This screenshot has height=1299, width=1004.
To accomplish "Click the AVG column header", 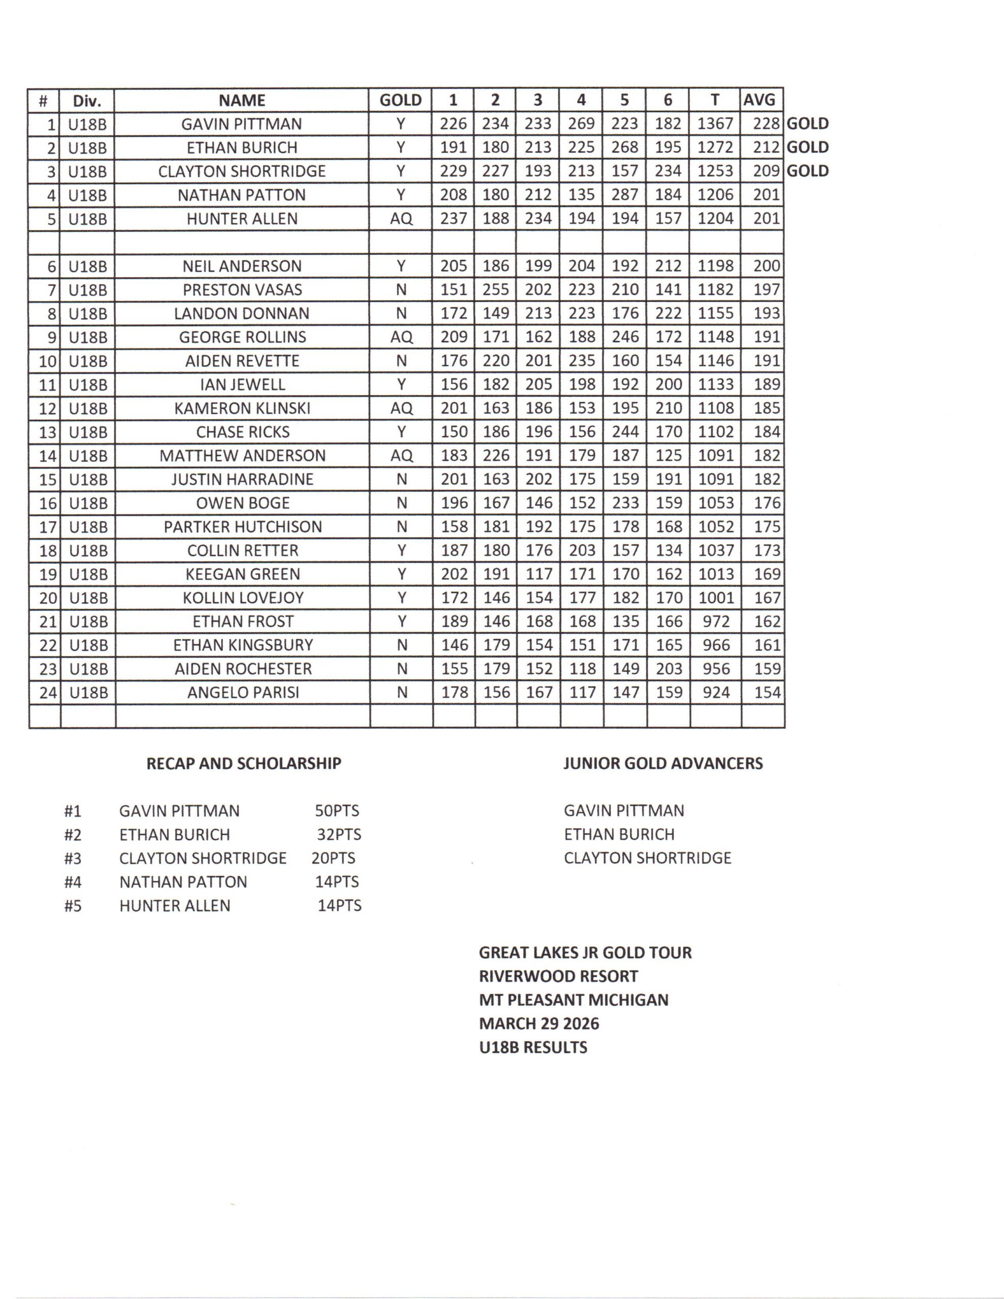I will coord(759,100).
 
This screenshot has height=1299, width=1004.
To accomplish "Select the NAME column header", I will coord(242,100).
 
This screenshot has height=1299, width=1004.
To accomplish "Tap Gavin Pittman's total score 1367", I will coord(715,124).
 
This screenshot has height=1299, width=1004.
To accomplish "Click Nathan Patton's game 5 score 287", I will coord(624,194).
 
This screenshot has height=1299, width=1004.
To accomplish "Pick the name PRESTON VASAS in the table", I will coord(242,290).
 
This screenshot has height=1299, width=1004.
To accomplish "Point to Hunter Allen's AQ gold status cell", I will coord(400,218).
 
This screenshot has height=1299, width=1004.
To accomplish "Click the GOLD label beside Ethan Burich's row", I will coord(808,147).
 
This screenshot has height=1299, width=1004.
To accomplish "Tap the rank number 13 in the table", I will coord(47,432).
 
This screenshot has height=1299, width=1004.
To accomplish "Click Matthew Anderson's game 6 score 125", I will coord(668,456).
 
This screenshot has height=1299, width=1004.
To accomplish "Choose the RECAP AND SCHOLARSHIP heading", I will coord(244,763).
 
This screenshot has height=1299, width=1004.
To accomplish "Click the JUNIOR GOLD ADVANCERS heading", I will coord(663,763).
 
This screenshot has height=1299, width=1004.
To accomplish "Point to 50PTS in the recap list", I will coord(337,811).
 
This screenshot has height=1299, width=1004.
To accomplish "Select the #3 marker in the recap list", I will coord(73,858).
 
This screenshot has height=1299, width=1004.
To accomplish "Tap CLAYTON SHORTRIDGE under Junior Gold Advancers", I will coord(648,858).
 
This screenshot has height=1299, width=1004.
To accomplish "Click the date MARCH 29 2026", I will coord(539,1023).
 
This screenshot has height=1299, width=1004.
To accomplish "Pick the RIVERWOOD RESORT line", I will coord(558,976).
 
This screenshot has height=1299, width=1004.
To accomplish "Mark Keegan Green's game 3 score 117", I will coord(539,574).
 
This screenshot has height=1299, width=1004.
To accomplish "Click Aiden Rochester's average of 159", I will coord(766,669).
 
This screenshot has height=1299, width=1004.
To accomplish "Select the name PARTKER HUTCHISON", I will coord(243,526).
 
